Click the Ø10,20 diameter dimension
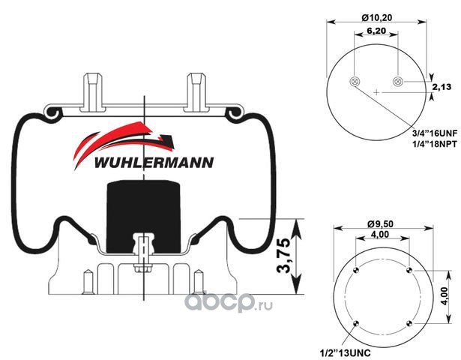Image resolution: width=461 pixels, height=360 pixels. click(x=377, y=18)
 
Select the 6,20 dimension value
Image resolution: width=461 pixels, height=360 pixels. click(x=376, y=30)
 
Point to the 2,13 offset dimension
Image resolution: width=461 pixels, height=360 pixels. click(x=442, y=87)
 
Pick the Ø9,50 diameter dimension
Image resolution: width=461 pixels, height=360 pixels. click(x=381, y=223)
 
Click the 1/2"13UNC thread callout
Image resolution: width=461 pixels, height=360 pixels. click(x=345, y=352)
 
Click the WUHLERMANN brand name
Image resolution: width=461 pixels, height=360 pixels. click(x=154, y=163)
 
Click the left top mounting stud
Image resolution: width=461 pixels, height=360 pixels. click(x=93, y=91)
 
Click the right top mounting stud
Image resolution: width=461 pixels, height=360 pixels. click(x=196, y=91)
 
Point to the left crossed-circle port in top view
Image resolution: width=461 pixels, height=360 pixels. click(x=355, y=82)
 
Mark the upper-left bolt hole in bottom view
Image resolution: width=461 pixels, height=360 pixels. click(x=356, y=270)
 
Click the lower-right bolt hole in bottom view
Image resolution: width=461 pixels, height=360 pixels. click(x=409, y=324)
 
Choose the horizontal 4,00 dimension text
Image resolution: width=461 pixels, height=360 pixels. click(x=379, y=234)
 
